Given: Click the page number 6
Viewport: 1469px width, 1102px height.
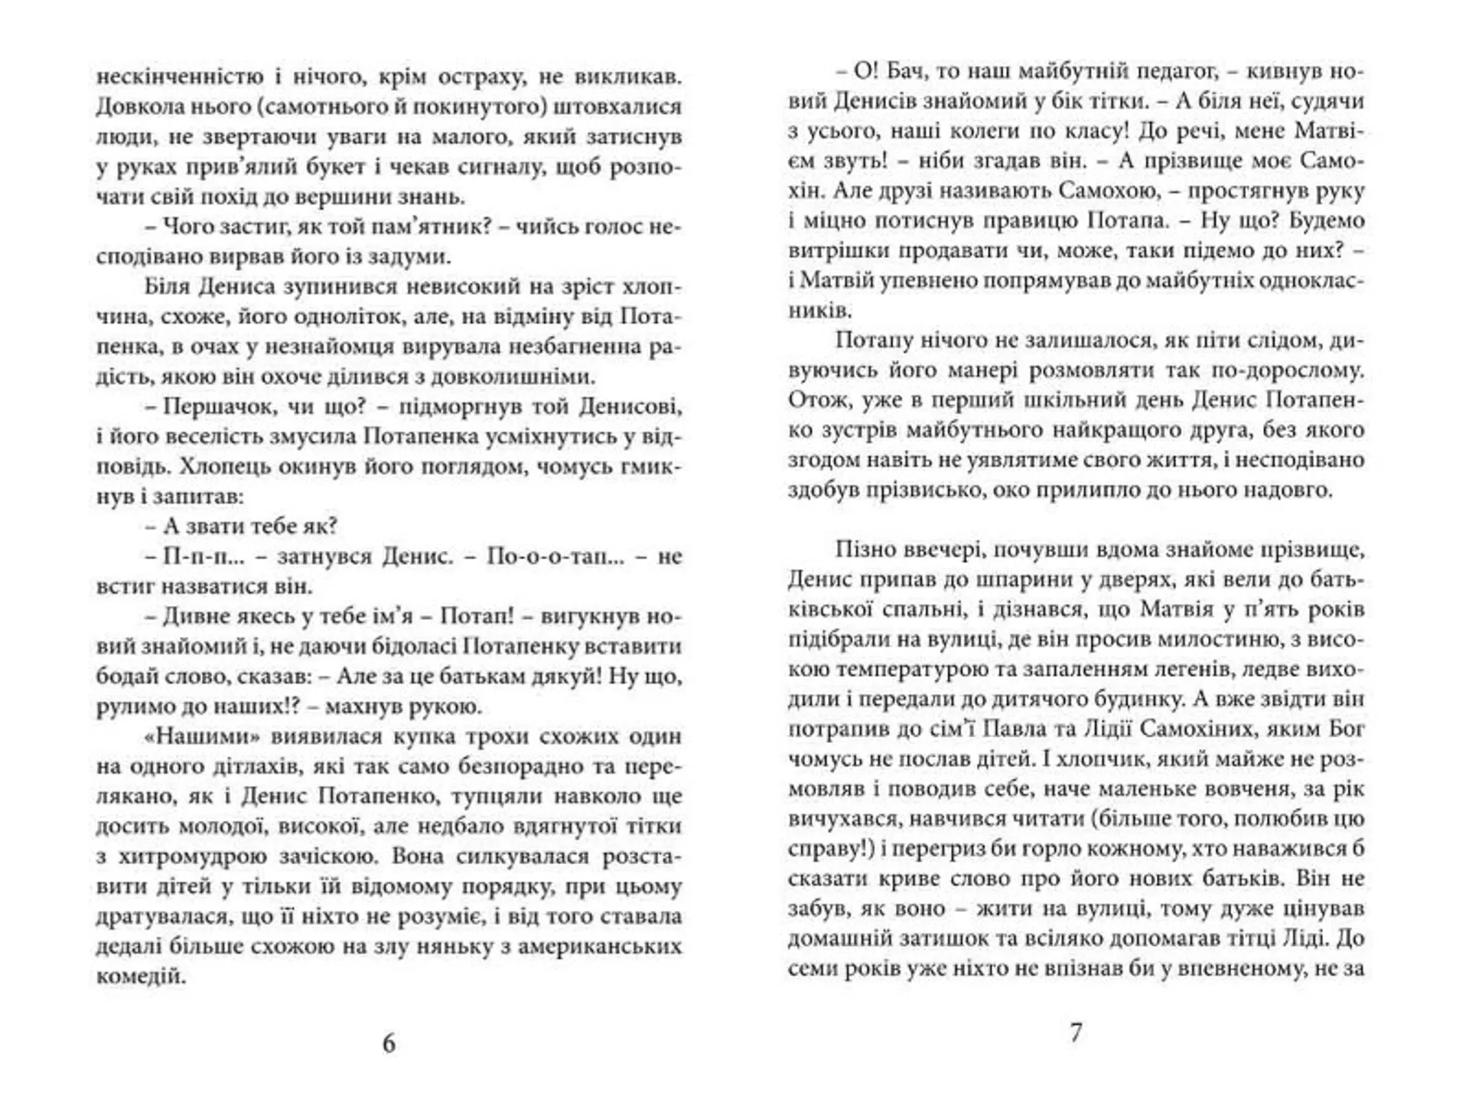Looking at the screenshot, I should point(389,1044).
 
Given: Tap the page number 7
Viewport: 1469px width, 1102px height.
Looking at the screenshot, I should point(1075,1033).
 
